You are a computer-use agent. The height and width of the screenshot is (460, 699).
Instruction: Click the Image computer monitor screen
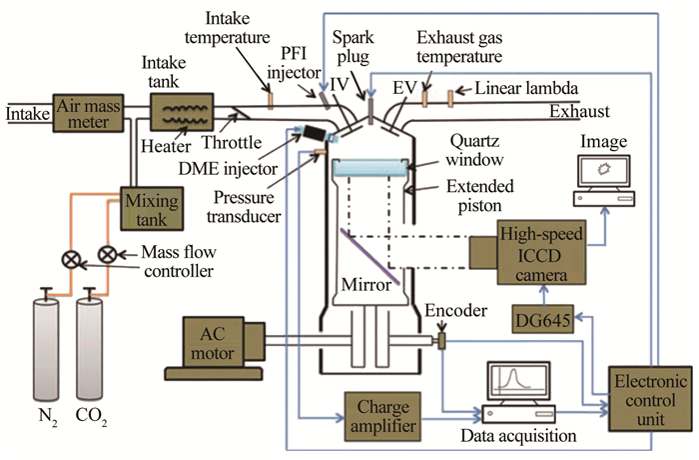tap(603, 173)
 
